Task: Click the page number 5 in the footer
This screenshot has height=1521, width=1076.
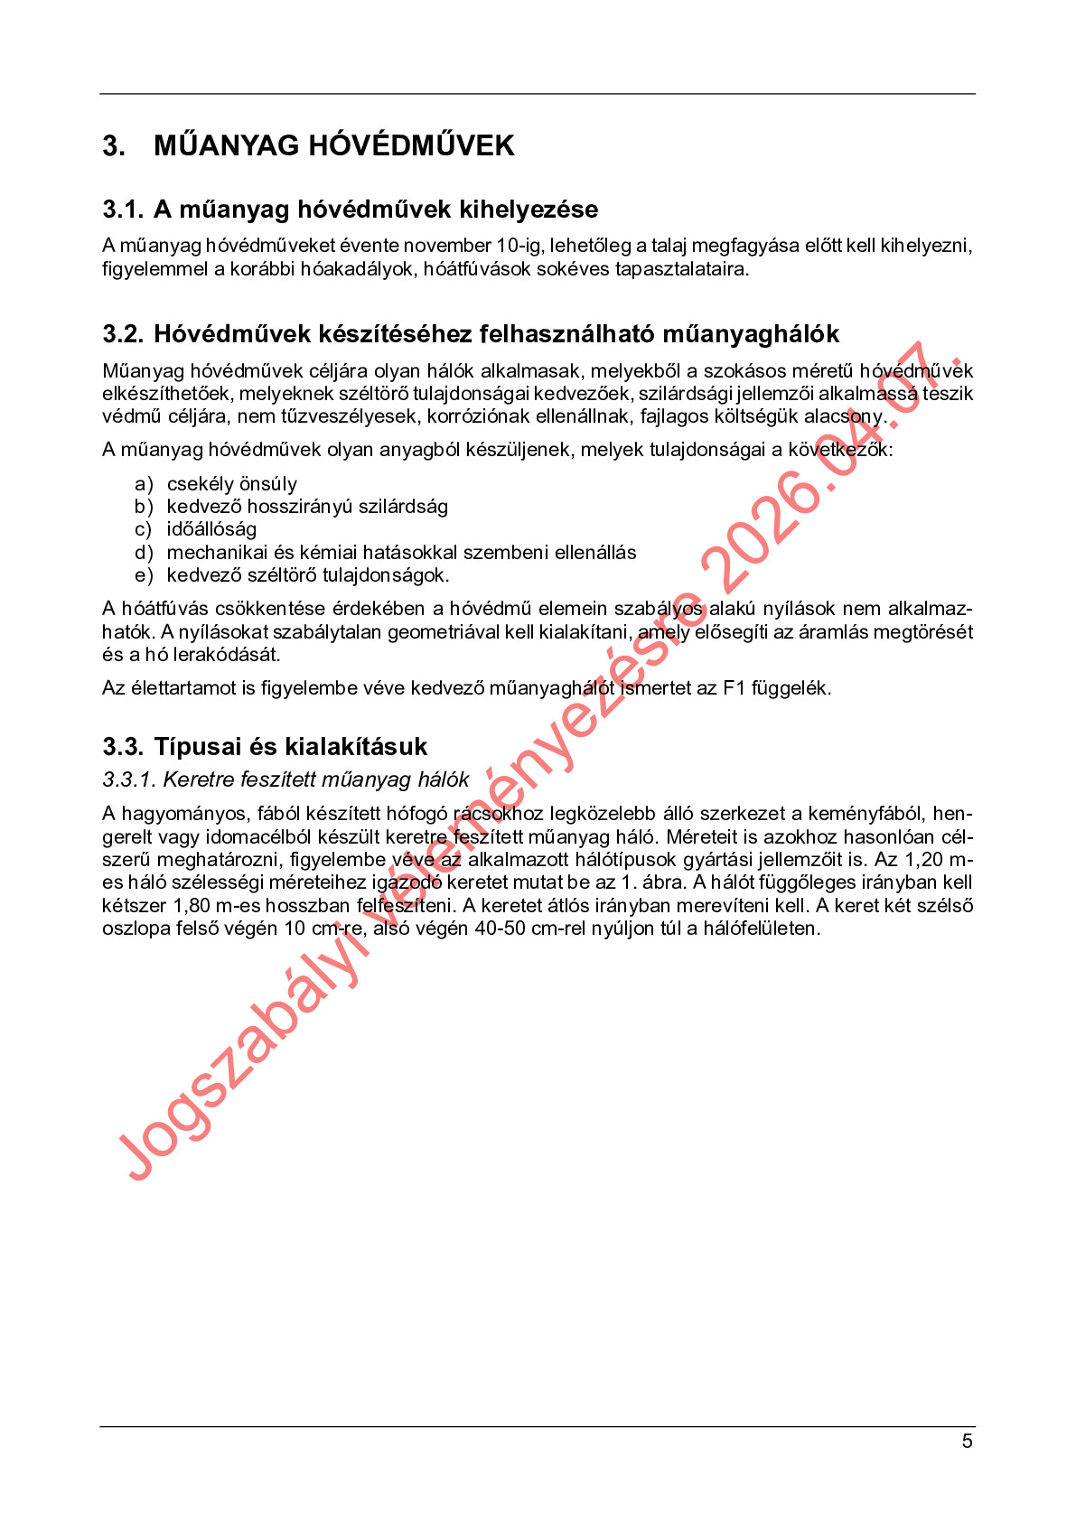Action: click(967, 1442)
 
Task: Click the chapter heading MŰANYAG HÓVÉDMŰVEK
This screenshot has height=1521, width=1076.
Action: click(333, 145)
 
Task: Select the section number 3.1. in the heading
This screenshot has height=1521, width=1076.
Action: click(123, 210)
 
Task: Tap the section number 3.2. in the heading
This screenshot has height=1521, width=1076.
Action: click(123, 334)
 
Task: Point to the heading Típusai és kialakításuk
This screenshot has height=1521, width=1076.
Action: click(290, 747)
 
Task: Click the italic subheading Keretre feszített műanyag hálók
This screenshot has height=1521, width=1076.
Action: click(315, 779)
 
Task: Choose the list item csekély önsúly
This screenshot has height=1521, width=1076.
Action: click(231, 484)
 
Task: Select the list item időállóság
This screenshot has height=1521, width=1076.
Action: click(211, 529)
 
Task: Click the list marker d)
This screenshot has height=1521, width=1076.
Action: click(144, 553)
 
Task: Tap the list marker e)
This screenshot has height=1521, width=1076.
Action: click(144, 575)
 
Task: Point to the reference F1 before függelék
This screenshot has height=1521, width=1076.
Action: click(734, 688)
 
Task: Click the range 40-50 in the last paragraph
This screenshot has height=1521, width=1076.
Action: click(500, 928)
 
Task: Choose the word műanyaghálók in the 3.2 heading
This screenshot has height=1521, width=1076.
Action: click(751, 334)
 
